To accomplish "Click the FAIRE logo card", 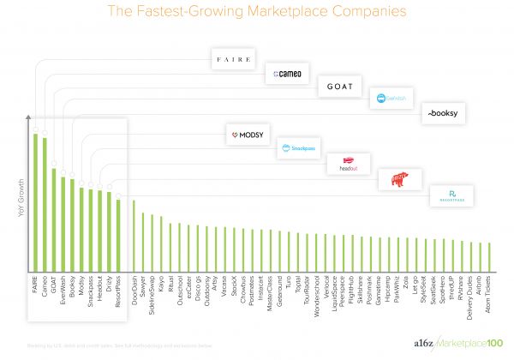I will click(236, 59).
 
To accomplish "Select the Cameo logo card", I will click(288, 75).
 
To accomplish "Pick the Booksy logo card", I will click(445, 113).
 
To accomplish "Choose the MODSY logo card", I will click(248, 136).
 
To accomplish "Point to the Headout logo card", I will click(348, 164).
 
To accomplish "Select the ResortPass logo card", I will click(451, 195).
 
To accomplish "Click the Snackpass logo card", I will click(299, 148).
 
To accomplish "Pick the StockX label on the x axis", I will click(234, 289).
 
